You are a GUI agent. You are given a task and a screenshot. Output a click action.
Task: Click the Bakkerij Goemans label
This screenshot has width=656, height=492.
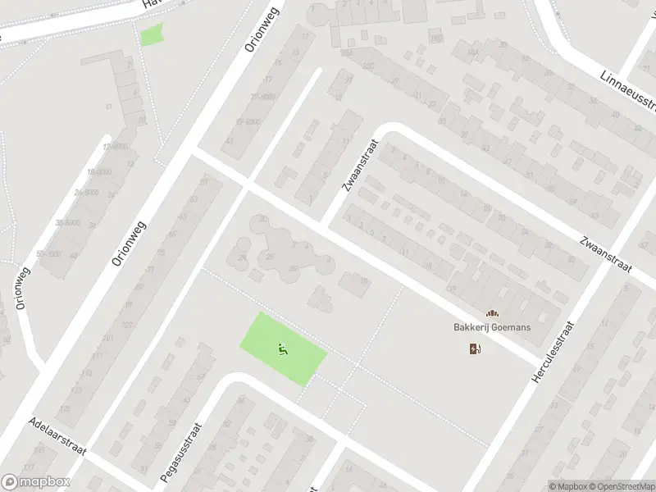[x=492, y=327]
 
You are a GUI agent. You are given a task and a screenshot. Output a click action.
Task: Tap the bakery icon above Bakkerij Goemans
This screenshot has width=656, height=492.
[x=492, y=313]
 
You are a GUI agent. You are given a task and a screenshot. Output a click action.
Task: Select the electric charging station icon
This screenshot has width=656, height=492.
[x=475, y=349]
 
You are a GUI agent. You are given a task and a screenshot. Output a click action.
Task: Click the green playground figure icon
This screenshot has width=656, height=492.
[x=283, y=348]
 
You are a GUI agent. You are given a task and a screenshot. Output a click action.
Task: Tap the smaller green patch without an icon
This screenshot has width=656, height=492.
[x=151, y=35]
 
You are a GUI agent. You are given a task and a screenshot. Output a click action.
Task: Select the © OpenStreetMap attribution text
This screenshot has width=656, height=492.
[x=622, y=486]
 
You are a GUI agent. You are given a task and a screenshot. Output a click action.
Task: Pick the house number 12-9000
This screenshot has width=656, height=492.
[x=115, y=146]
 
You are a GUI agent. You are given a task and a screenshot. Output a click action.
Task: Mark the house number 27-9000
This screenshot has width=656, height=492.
[x=261, y=97]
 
